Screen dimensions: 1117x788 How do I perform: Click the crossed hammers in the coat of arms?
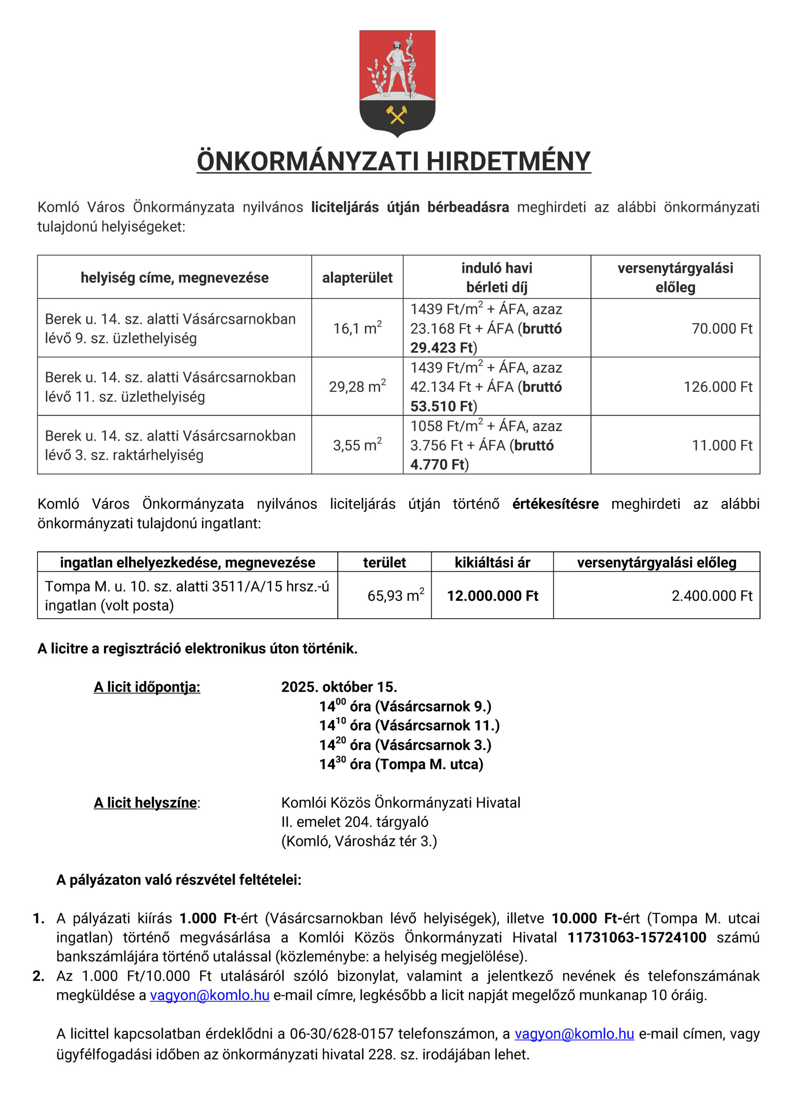click(x=396, y=115)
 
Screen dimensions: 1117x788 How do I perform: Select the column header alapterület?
click(x=357, y=278)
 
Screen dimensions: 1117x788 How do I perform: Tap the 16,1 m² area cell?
click(x=357, y=329)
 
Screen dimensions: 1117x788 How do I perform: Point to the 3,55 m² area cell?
click(x=357, y=445)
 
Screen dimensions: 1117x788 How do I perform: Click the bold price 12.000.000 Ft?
click(x=492, y=596)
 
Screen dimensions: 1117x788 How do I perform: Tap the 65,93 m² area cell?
click(x=395, y=596)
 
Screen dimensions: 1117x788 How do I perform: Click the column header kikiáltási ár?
click(x=492, y=562)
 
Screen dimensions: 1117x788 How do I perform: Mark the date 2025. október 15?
click(x=339, y=687)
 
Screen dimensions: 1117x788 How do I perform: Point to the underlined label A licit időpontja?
click(x=147, y=687)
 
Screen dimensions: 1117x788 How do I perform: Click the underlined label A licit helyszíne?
click(x=145, y=803)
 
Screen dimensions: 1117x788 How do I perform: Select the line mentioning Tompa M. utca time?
click(x=401, y=764)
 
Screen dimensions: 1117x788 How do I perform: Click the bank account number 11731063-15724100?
click(x=636, y=938)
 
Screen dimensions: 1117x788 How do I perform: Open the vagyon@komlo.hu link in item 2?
click(x=209, y=995)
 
